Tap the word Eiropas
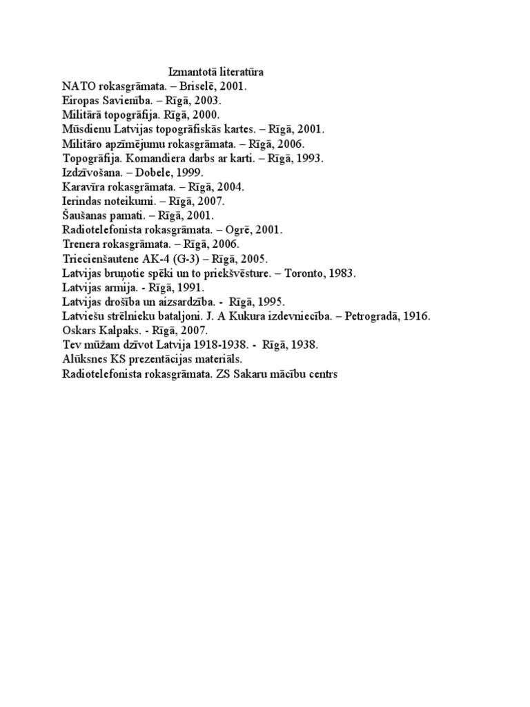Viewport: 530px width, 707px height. pyautogui.click(x=80, y=101)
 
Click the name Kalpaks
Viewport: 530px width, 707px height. pyautogui.click(x=117, y=331)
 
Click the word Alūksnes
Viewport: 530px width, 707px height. pyautogui.click(x=83, y=360)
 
